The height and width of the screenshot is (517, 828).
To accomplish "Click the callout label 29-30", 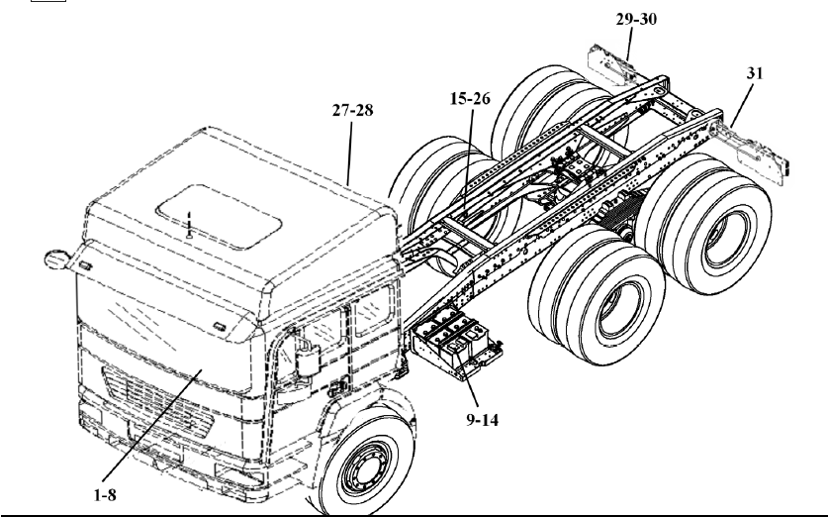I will [634, 19].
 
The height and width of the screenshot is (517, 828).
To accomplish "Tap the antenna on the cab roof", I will [189, 227].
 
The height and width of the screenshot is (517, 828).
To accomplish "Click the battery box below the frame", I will [450, 342].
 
